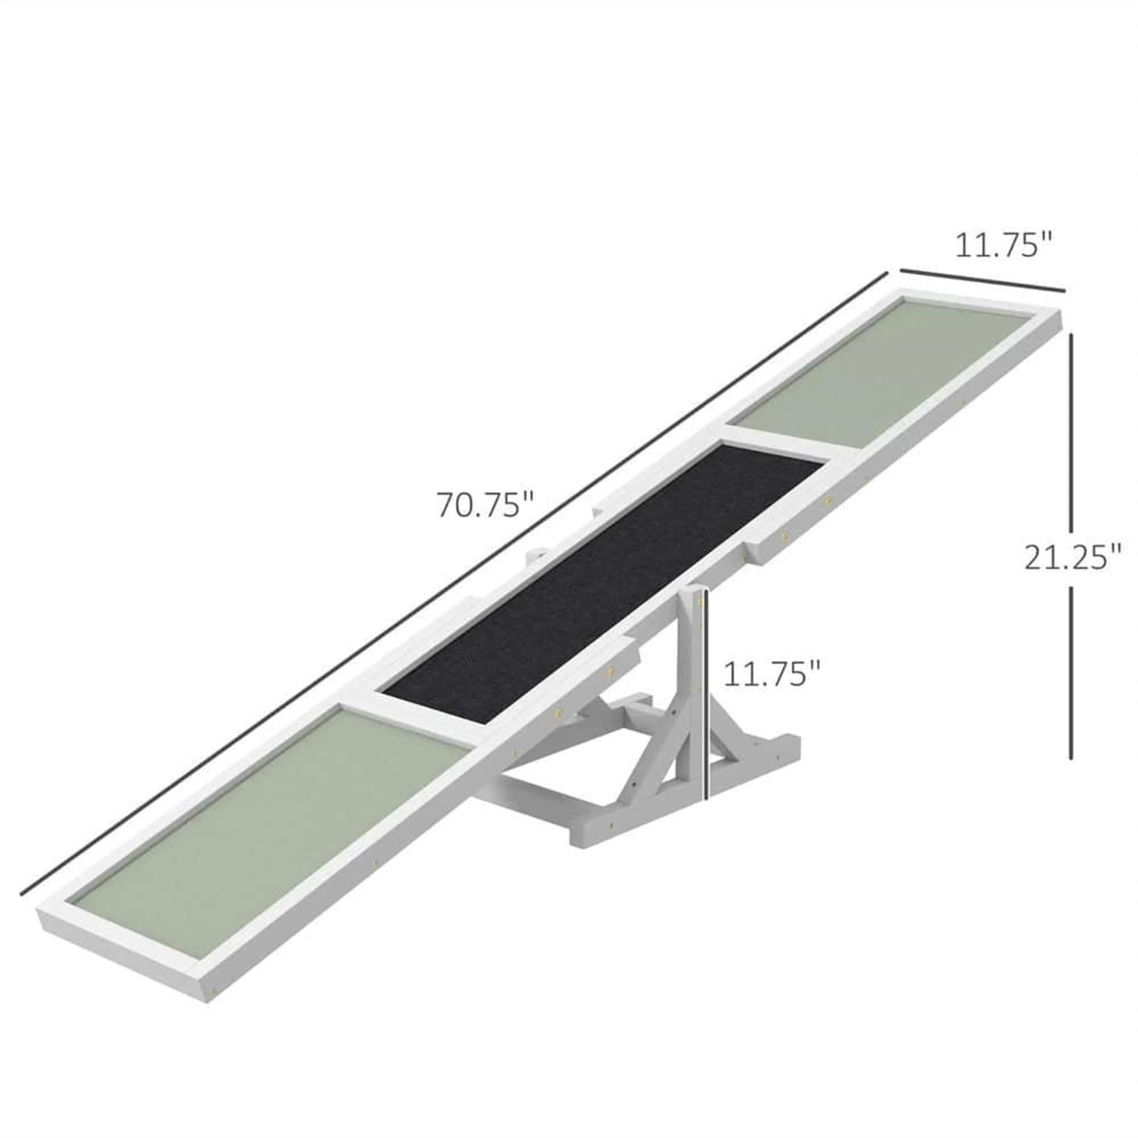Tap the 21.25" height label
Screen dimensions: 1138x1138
(x=1072, y=558)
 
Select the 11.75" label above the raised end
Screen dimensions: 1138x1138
(x=1003, y=246)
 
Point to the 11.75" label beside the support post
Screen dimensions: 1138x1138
(x=772, y=673)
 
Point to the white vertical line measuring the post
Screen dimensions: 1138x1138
(x=705, y=698)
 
